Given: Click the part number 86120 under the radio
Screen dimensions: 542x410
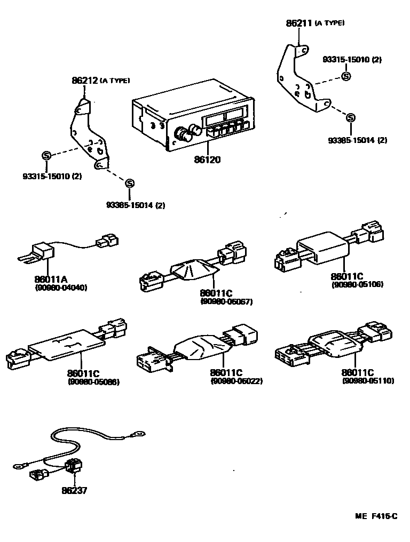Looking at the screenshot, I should [x=207, y=159].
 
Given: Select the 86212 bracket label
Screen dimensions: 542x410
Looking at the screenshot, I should [x=84, y=81].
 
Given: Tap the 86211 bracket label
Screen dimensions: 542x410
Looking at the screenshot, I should [x=299, y=23].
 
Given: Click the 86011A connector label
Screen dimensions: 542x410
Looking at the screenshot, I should [x=49, y=279].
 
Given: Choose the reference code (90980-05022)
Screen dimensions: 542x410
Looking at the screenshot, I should [x=236, y=381].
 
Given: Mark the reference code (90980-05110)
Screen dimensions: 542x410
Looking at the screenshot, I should [x=368, y=381].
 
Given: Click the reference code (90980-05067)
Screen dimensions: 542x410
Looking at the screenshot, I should [x=226, y=301].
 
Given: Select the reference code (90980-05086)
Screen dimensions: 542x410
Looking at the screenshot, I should [x=93, y=382].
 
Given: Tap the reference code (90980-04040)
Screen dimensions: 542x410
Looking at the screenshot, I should [x=60, y=288].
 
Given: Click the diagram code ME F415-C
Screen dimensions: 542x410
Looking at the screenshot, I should [x=376, y=516].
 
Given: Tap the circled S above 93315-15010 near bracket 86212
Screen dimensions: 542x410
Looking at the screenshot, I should [x=46, y=155].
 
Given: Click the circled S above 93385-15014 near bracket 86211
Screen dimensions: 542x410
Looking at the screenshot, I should [x=350, y=118].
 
